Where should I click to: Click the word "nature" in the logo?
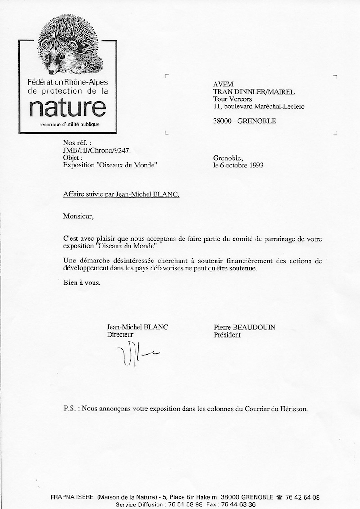67,108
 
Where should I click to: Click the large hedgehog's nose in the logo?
51,72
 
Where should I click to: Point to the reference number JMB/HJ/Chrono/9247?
94,151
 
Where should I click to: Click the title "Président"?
227,335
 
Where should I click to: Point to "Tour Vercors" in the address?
232,99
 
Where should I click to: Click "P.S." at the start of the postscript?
70,410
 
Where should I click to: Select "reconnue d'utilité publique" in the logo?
69,124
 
